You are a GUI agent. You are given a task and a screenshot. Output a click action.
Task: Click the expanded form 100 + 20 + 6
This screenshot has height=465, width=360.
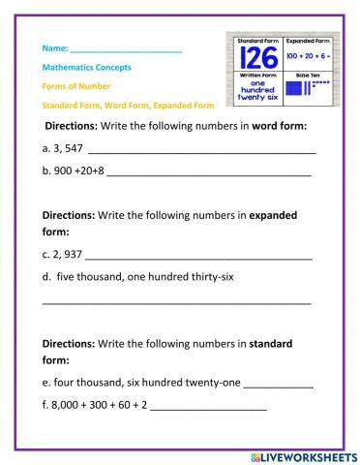click(x=308, y=59)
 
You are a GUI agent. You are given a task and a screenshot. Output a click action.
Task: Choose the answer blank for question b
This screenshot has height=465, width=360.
click(x=209, y=175)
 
